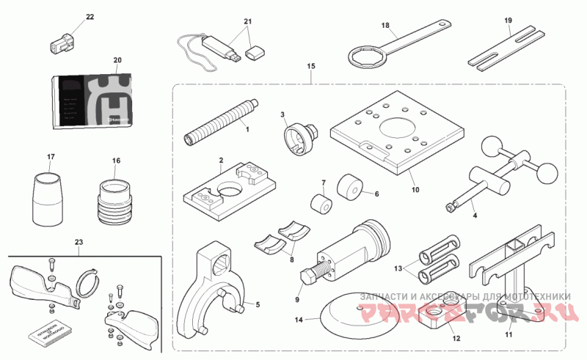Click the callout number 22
pos(90,16)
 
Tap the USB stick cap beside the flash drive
pos(255,52)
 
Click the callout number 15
pos(311,67)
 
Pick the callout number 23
pos(79,241)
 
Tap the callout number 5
pos(258,303)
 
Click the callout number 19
pos(507,21)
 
